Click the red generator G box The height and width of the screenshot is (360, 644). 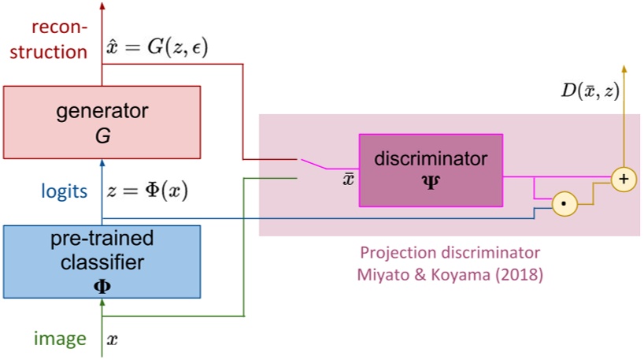[x=102, y=122]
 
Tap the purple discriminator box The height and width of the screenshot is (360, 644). [x=430, y=169]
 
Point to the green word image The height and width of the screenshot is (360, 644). [x=59, y=339]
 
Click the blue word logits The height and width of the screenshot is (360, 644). [x=65, y=191]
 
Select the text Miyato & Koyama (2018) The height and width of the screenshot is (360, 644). [x=450, y=276]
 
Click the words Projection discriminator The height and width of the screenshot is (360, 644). [x=450, y=254]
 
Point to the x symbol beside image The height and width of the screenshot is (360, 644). [x=112, y=340]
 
